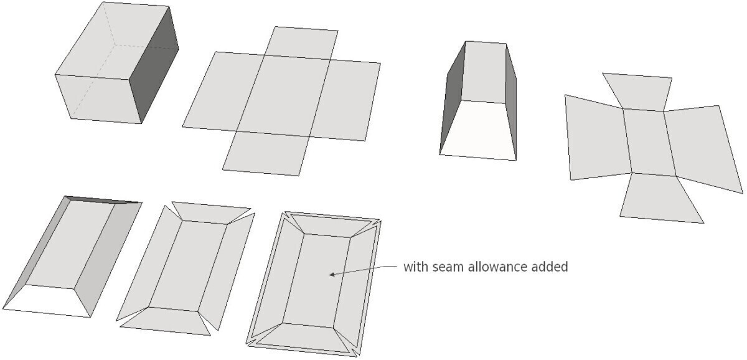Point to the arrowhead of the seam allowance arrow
(x=332, y=273)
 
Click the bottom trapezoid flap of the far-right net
(x=659, y=199)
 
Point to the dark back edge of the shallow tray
(x=103, y=199)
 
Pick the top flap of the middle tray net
(x=210, y=211)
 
